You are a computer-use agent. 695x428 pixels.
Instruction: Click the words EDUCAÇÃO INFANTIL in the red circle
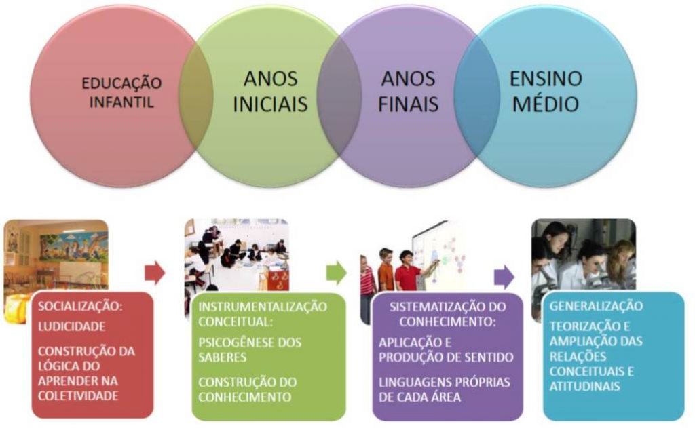(x=122, y=93)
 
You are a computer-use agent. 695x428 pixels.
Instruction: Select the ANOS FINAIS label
(x=408, y=92)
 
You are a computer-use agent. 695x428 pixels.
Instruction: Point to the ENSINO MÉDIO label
(x=546, y=92)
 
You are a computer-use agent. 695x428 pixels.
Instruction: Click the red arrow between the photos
(x=155, y=273)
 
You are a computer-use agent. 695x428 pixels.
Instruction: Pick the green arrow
(x=336, y=273)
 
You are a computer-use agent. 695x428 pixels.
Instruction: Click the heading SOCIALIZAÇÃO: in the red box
(x=80, y=307)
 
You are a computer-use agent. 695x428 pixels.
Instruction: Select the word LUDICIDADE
(x=72, y=326)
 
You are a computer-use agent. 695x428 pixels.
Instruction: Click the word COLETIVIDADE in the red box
(x=77, y=395)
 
